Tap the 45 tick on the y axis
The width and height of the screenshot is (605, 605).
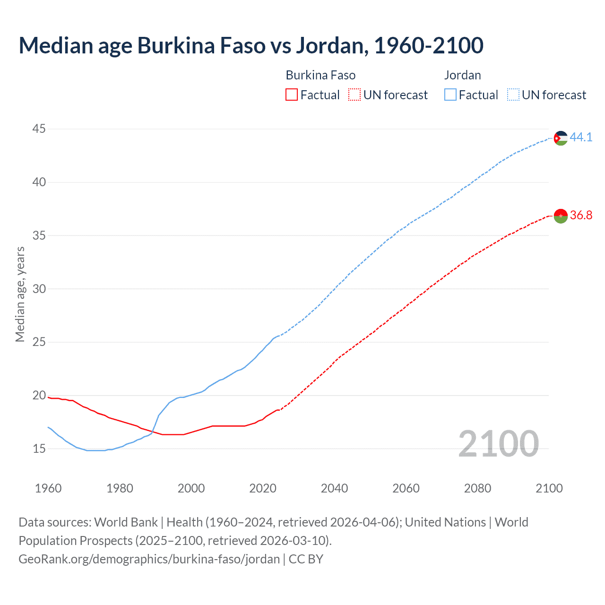pyautogui.click(x=39, y=129)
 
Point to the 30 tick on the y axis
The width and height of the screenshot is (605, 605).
pyautogui.click(x=39, y=289)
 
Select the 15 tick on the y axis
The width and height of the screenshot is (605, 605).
pyautogui.click(x=39, y=449)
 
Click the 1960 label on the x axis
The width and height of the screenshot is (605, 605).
pyautogui.click(x=48, y=488)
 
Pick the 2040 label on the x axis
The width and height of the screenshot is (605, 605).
pyautogui.click(x=334, y=488)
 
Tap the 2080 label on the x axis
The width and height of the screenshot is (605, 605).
pyautogui.click(x=477, y=488)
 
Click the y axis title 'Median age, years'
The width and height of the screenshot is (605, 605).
pyautogui.click(x=20, y=294)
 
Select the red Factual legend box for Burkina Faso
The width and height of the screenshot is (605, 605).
pyautogui.click(x=292, y=95)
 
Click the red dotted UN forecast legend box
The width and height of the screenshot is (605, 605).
pyautogui.click(x=354, y=95)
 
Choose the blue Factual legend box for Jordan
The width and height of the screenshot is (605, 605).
pyautogui.click(x=450, y=95)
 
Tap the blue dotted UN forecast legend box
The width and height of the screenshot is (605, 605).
pyautogui.click(x=513, y=95)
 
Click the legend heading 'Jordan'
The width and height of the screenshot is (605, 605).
pyautogui.click(x=462, y=75)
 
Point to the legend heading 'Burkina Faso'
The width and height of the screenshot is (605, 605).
pyautogui.click(x=320, y=75)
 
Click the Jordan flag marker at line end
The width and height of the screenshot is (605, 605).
pyautogui.click(x=561, y=138)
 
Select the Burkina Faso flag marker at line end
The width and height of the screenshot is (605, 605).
pyautogui.click(x=561, y=216)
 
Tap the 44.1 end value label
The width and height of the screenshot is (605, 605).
pyautogui.click(x=581, y=138)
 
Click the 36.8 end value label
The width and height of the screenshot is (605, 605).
pyautogui.click(x=581, y=216)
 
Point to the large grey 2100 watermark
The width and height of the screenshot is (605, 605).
pyautogui.click(x=499, y=444)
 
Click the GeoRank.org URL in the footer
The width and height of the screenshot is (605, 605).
pyautogui.click(x=149, y=559)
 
